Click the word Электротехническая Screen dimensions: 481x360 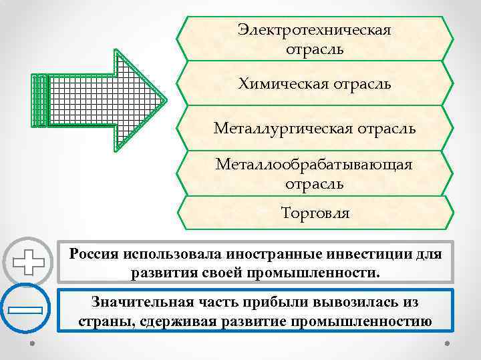click(x=314, y=31)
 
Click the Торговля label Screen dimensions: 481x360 click(x=315, y=214)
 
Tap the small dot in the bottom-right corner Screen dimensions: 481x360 click(x=447, y=345)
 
